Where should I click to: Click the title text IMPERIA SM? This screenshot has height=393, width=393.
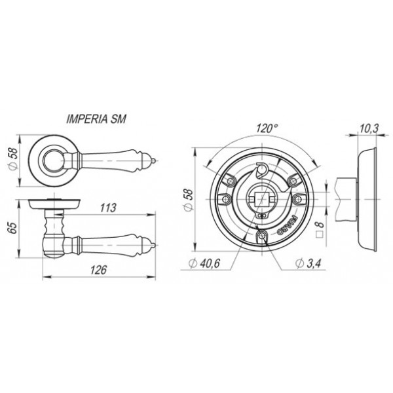pos(96,119)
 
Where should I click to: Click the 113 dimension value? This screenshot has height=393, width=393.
pos(108,208)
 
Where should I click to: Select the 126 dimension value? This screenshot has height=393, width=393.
pos(98,270)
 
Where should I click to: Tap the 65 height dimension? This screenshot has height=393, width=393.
pos(12,227)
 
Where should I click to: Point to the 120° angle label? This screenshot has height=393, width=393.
pos(267,128)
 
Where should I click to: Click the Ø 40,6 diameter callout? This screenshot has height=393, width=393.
pos(204,263)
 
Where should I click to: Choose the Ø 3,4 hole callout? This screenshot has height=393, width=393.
pos(308,263)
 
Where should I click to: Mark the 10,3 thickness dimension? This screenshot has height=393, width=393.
pos(369,128)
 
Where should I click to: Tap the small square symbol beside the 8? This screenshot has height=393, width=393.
pos(320,235)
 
